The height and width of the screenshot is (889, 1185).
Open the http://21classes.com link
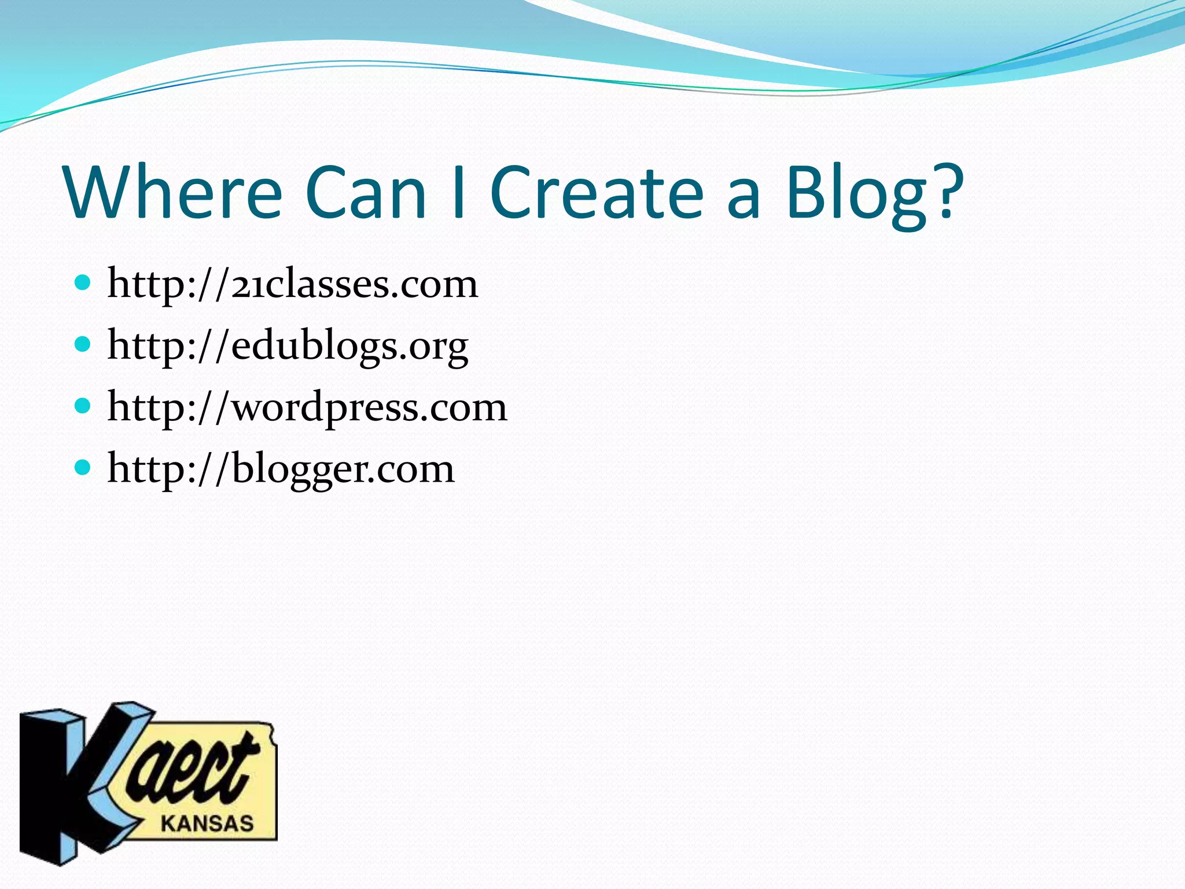point(293,284)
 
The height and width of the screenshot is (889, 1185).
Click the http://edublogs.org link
point(288,346)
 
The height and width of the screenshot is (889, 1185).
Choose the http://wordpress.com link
point(307,407)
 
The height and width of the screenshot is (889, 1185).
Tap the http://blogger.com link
point(281,469)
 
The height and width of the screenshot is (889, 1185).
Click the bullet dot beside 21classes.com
point(83,283)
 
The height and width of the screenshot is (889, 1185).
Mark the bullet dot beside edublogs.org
point(83,345)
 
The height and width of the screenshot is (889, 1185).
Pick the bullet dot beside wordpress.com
point(83,406)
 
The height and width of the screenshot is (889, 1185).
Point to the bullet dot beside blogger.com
point(83,468)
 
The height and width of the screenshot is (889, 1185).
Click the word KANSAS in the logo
point(207,823)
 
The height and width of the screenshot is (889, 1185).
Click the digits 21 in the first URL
point(247,285)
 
